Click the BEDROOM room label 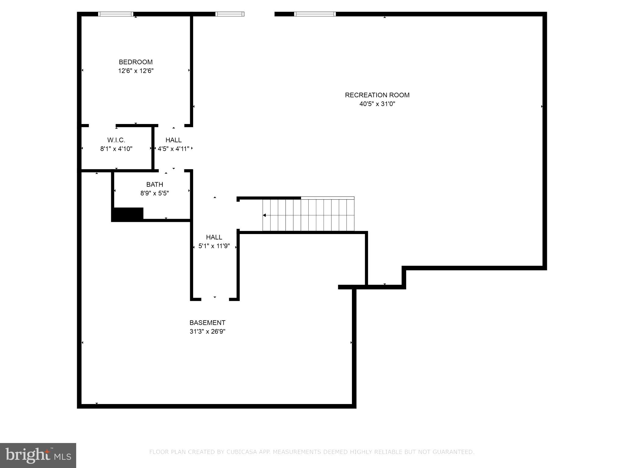(136, 62)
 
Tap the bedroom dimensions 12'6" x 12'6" (136, 71)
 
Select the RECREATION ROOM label (377, 95)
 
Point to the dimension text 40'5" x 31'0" (377, 104)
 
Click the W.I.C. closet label (116, 140)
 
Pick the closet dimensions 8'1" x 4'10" (116, 149)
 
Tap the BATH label (154, 184)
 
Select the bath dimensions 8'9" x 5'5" (154, 193)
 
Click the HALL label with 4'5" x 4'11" (173, 140)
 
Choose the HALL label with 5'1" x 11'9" (214, 237)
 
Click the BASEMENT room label (207, 323)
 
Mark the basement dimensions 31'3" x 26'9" (207, 331)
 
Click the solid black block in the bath (128, 214)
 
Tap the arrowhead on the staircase (264, 215)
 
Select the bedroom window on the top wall (116, 14)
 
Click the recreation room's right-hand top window (315, 14)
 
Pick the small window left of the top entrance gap (230, 14)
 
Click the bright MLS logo (38, 456)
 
